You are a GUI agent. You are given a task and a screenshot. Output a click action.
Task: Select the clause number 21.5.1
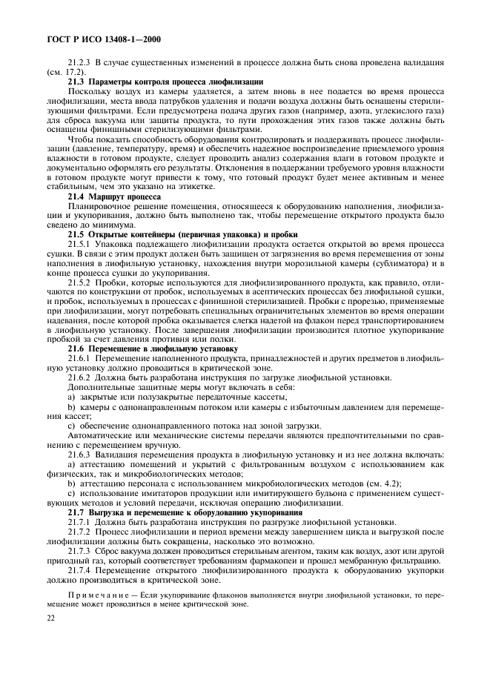pyautogui.click(x=80, y=243)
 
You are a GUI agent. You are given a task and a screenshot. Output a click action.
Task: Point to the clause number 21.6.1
pyautogui.click(x=80, y=357)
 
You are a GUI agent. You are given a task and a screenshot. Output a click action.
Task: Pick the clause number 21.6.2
pyautogui.click(x=80, y=377)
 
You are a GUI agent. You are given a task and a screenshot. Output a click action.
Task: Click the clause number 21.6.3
pyautogui.click(x=80, y=453)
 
